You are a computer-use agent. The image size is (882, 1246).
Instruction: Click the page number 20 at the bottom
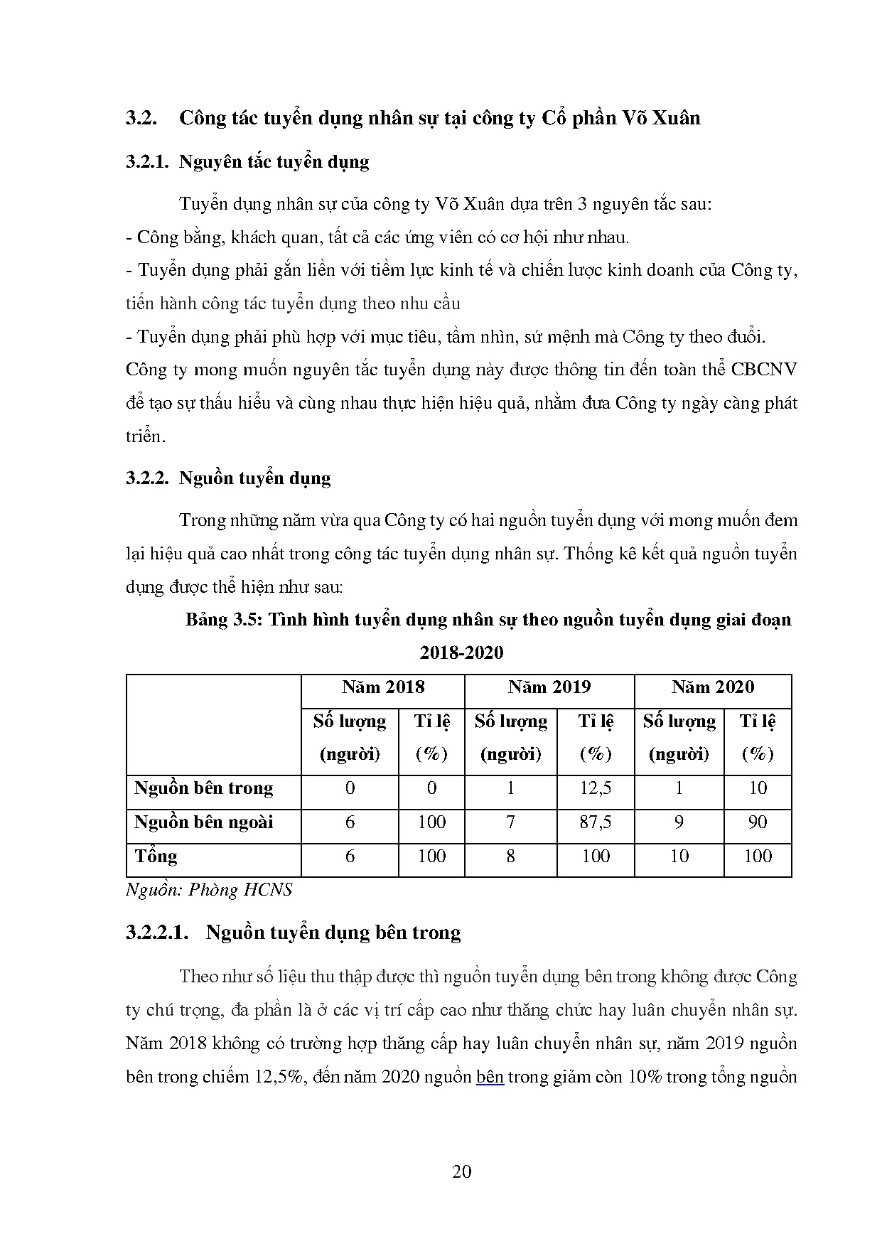click(461, 1171)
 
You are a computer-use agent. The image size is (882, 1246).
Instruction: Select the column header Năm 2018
click(382, 687)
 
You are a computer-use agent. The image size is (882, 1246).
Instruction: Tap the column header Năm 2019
click(549, 687)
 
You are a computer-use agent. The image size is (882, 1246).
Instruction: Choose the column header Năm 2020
click(712, 687)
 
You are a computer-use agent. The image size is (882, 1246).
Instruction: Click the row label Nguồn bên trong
click(203, 788)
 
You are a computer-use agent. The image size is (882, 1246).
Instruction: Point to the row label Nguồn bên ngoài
click(203, 822)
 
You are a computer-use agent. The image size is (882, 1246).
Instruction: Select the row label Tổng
click(156, 856)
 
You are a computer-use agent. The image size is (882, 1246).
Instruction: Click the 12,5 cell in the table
click(595, 788)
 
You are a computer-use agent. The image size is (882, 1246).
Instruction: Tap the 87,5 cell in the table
click(595, 822)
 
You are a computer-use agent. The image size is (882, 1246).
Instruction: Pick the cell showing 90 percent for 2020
click(758, 822)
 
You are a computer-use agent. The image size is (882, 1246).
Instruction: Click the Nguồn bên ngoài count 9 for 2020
click(679, 822)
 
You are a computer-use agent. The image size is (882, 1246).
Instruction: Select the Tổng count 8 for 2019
click(510, 856)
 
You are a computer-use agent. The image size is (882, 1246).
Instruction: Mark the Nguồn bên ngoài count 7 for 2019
click(510, 822)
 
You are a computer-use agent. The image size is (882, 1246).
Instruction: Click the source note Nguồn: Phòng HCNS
click(209, 890)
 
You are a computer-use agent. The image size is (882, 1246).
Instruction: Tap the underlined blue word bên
click(490, 1077)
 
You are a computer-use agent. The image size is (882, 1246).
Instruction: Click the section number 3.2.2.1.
click(157, 933)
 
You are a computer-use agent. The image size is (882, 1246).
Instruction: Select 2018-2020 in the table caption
click(461, 652)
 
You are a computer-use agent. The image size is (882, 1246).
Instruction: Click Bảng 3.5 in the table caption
click(223, 620)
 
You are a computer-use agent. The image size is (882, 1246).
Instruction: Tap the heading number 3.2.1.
click(147, 162)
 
